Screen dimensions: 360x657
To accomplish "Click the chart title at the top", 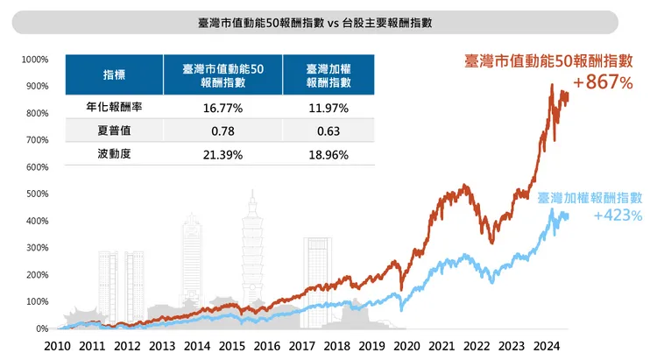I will (x=328, y=21).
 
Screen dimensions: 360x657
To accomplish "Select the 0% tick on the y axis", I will (x=41, y=328).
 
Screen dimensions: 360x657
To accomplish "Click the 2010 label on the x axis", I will (x=57, y=345).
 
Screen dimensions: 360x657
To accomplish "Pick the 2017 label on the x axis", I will (x=303, y=345).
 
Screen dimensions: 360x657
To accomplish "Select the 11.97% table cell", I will (x=328, y=108).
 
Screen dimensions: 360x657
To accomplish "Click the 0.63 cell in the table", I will (x=328, y=131).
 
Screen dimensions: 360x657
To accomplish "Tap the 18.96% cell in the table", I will (x=328, y=154).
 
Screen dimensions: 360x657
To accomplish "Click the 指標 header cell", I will (x=115, y=74).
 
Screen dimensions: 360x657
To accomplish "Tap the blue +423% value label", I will (x=618, y=215).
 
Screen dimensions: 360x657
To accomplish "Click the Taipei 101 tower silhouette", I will (x=253, y=254).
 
